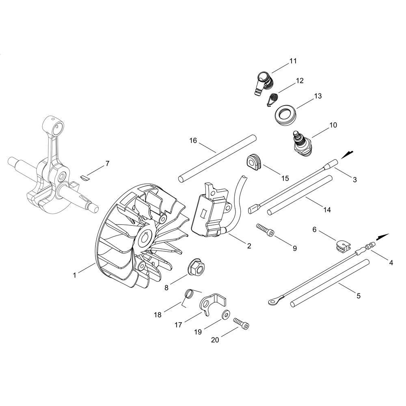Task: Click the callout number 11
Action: point(293,61)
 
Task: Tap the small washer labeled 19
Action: point(226,315)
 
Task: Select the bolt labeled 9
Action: point(265,229)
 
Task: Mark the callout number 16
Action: point(193,140)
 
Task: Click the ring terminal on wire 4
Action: point(272,301)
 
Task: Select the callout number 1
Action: point(75,275)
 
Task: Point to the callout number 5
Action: point(358,296)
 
